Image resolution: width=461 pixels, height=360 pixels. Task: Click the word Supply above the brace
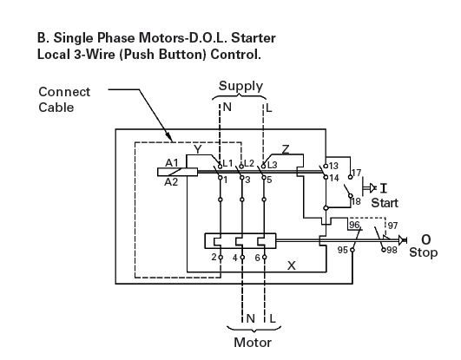click(x=240, y=87)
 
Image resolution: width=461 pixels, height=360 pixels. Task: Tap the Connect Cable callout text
click(x=64, y=100)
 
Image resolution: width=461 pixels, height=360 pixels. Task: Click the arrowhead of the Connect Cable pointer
click(x=168, y=137)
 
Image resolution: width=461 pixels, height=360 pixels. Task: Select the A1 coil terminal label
click(x=172, y=162)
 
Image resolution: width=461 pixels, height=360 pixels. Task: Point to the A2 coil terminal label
click(x=171, y=182)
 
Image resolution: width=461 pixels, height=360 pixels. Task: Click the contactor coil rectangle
click(x=177, y=172)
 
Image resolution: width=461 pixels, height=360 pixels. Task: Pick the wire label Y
click(x=198, y=149)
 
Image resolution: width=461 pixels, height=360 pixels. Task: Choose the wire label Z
click(x=285, y=149)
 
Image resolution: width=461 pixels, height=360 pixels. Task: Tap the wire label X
click(x=292, y=265)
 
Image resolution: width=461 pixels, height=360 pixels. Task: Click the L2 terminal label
click(x=249, y=163)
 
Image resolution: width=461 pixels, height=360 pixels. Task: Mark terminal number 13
click(x=333, y=166)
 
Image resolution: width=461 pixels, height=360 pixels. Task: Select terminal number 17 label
click(x=356, y=173)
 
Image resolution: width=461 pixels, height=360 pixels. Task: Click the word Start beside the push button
click(x=385, y=203)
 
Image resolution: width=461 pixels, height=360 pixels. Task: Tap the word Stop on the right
click(x=423, y=252)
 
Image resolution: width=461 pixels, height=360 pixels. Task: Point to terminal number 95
click(x=343, y=250)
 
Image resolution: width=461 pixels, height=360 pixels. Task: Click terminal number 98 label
click(x=392, y=250)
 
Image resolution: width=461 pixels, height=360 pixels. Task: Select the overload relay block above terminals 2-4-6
click(x=240, y=241)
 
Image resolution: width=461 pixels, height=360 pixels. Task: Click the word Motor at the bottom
click(x=253, y=343)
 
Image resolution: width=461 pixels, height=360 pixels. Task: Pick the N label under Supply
click(x=227, y=108)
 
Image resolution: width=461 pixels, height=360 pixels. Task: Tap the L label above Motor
click(x=273, y=318)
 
